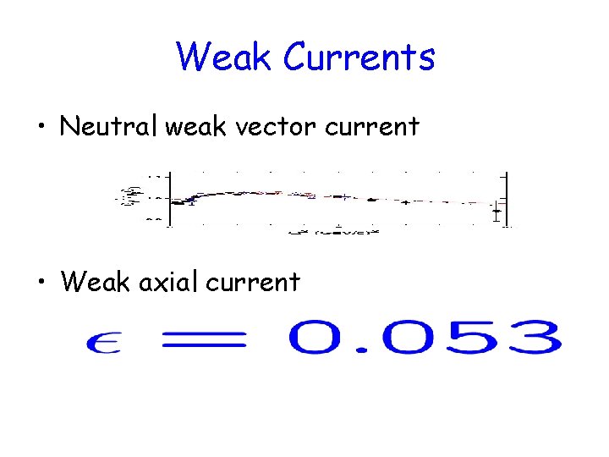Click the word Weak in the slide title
225,57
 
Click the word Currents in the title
359,57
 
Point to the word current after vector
372,127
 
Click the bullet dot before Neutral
41,129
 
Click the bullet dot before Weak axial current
41,283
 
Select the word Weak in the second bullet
96,281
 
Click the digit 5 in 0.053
478,337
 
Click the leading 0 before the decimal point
318,337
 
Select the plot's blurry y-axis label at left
130,196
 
